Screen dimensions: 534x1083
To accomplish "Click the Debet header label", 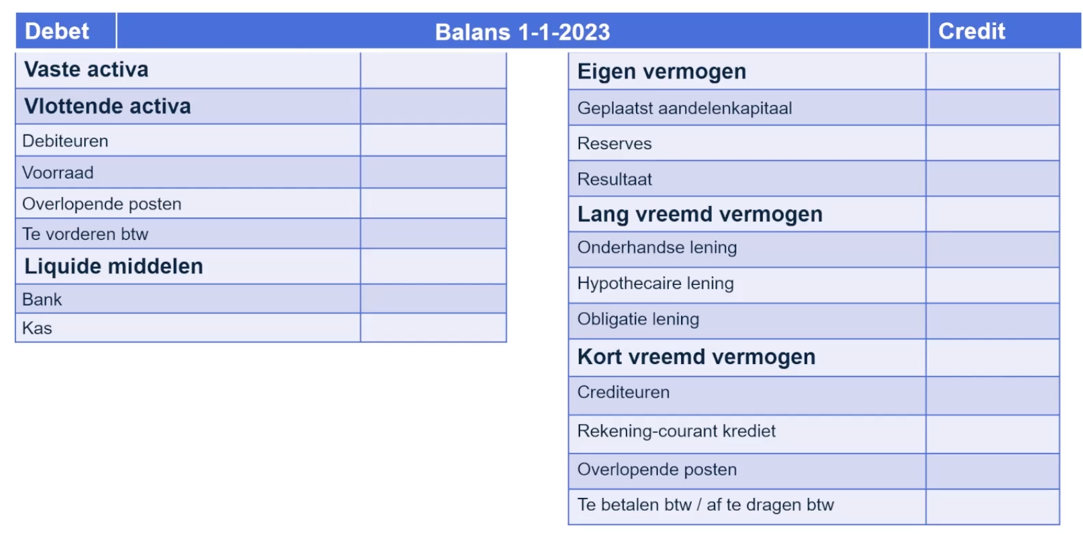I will pyautogui.click(x=57, y=31).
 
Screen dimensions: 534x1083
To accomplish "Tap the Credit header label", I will pyautogui.click(x=971, y=31).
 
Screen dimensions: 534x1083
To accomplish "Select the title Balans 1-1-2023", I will pyautogui.click(x=522, y=32).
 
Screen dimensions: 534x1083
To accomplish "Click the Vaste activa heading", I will pyautogui.click(x=86, y=69).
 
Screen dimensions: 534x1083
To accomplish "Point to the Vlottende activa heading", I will pyautogui.click(x=107, y=106).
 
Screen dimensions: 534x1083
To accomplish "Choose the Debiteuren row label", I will pyautogui.click(x=65, y=141).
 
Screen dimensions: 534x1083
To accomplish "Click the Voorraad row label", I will pyautogui.click(x=58, y=172).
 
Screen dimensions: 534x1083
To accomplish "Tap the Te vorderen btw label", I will pyautogui.click(x=85, y=234).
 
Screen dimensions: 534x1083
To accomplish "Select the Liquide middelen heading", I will pyautogui.click(x=113, y=266).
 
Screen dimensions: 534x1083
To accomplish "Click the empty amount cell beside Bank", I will pyautogui.click(x=433, y=299).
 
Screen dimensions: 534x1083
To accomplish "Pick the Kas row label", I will pyautogui.click(x=37, y=328).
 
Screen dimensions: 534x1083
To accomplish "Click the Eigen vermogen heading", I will pyautogui.click(x=661, y=71).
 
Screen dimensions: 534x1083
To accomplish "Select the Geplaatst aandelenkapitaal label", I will pyautogui.click(x=684, y=108).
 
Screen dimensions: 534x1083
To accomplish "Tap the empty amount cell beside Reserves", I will pyautogui.click(x=992, y=143).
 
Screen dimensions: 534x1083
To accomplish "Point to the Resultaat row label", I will pyautogui.click(x=614, y=179).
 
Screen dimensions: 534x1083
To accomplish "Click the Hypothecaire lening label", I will pyautogui.click(x=655, y=283).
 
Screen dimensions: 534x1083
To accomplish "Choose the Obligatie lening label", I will pyautogui.click(x=638, y=319).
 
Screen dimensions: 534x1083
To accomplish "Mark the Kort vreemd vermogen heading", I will pyautogui.click(x=696, y=357).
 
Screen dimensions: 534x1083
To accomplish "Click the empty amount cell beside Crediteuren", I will pyautogui.click(x=992, y=396).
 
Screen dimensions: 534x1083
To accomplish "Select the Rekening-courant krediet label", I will pyautogui.click(x=676, y=431).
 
